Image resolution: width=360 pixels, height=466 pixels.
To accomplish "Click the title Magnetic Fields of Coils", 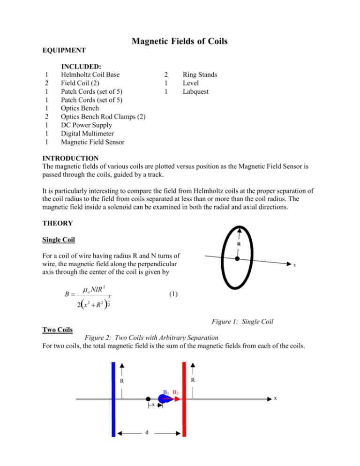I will coord(180,41).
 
